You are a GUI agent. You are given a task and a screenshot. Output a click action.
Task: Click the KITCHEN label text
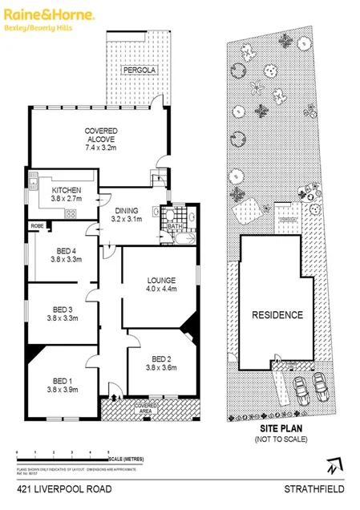pos(67,190)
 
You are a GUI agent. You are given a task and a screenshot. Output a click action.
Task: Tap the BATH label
pos(175,227)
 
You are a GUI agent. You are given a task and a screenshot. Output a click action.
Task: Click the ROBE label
pos(38,227)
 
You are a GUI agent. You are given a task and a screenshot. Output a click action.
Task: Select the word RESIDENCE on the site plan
pos(278,314)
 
